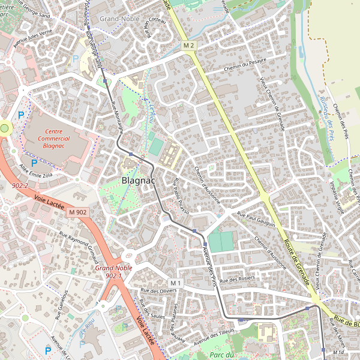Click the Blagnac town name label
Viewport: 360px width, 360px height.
pyautogui.click(x=139, y=180)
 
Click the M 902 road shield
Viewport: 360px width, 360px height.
pyautogui.click(x=77, y=212)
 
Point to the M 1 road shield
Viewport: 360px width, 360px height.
pyautogui.click(x=175, y=283)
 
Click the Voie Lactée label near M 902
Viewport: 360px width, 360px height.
pyautogui.click(x=49, y=200)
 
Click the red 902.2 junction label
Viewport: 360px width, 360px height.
pyautogui.click(x=20, y=186)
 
